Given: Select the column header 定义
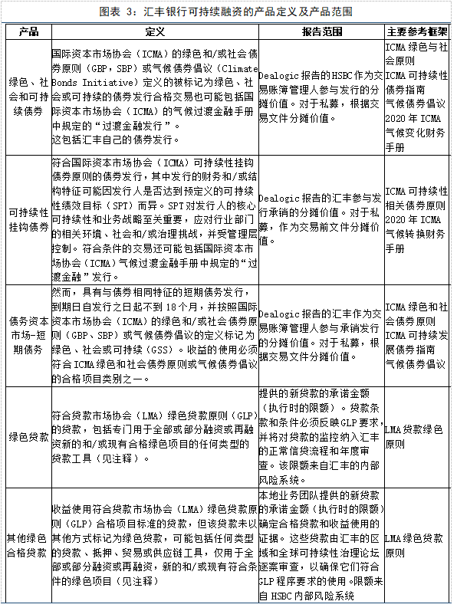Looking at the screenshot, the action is (154, 32).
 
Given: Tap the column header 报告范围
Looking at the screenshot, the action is (321, 32).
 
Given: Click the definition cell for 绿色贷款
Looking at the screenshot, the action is (154, 437).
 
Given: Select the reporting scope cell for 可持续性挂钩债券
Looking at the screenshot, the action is (321, 219).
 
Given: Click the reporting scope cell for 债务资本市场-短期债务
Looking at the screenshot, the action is (321, 335).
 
